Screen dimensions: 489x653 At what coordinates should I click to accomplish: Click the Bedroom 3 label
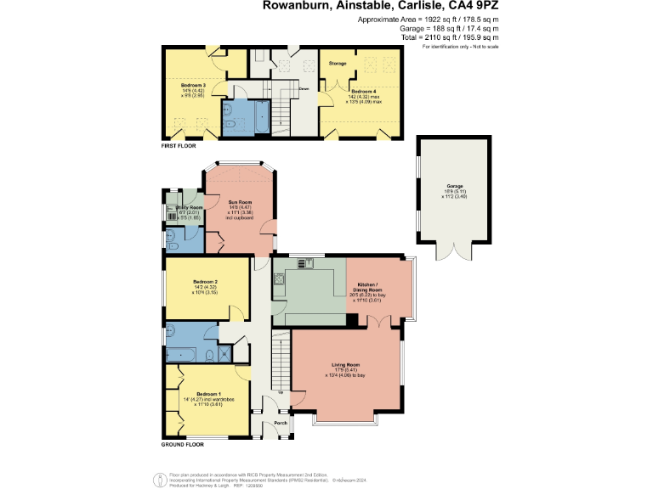point(193,86)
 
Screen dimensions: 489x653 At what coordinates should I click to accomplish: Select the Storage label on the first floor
point(338,64)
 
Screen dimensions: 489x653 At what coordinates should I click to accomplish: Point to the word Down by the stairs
point(304,87)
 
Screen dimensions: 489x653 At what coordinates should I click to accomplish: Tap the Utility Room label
point(190,207)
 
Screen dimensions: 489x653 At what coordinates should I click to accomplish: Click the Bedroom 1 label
point(208,394)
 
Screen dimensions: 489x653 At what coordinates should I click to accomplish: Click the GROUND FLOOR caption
point(183,444)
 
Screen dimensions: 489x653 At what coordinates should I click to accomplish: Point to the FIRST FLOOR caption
point(180,146)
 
